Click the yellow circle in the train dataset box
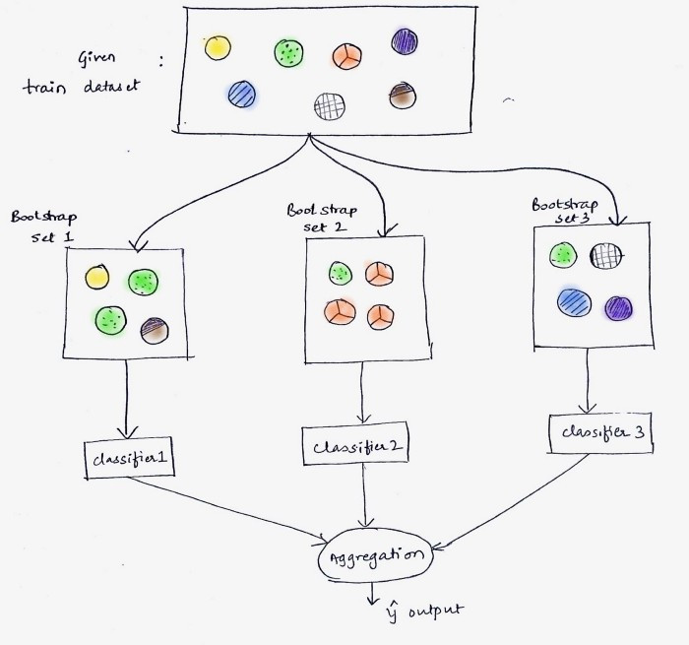(218, 47)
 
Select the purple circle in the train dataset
(405, 41)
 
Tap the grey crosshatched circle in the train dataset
(330, 106)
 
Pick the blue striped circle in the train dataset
(242, 95)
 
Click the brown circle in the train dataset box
(403, 96)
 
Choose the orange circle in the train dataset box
(347, 56)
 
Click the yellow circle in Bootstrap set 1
(97, 277)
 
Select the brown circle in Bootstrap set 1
(155, 331)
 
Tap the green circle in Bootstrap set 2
(341, 273)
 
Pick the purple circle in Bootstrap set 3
(619, 308)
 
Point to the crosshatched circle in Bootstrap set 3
(605, 256)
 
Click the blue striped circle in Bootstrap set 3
(574, 302)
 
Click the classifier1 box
(130, 458)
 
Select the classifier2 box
(355, 445)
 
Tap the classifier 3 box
(600, 433)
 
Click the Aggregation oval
(375, 555)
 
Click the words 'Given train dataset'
(81, 73)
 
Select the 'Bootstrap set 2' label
(322, 218)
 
